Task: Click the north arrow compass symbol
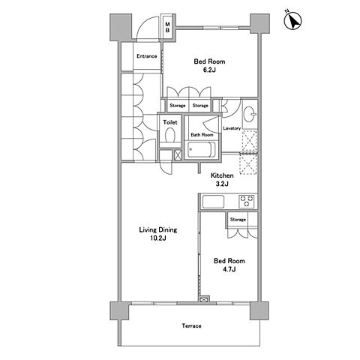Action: pyautogui.click(x=292, y=21)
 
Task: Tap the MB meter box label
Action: pyautogui.click(x=168, y=27)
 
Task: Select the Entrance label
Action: pyautogui.click(x=147, y=56)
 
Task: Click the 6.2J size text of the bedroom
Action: pyautogui.click(x=209, y=70)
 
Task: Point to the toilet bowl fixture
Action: pyautogui.click(x=170, y=135)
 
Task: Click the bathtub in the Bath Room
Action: pyautogui.click(x=202, y=149)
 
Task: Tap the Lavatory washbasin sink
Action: pyautogui.click(x=249, y=115)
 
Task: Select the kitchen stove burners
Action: pyautogui.click(x=247, y=202)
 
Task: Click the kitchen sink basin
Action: pyautogui.click(x=213, y=202)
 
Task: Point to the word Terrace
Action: pyautogui.click(x=191, y=326)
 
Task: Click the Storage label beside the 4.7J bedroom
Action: pyautogui.click(x=238, y=220)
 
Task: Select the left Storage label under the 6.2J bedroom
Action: pyautogui.click(x=178, y=106)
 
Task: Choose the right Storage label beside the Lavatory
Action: pyautogui.click(x=200, y=106)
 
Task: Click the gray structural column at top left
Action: pyautogui.click(x=121, y=27)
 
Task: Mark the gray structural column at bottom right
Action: pyautogui.click(x=259, y=310)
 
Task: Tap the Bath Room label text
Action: pyautogui.click(x=202, y=135)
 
